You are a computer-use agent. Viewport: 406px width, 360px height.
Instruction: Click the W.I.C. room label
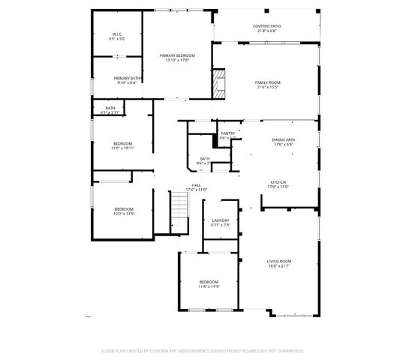117,34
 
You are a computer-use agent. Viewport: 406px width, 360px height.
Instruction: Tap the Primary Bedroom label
177,55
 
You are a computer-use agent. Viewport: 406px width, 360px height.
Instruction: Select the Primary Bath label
127,78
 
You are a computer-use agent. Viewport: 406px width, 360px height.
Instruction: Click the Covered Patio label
267,26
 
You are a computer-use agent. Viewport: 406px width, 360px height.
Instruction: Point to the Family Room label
267,82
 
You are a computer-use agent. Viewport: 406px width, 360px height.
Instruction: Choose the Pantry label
228,133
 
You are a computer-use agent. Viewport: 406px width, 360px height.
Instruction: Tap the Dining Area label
283,140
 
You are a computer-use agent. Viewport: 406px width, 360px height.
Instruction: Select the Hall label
196,184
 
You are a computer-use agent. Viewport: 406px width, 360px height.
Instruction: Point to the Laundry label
220,220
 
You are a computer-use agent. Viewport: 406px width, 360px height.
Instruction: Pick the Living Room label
278,261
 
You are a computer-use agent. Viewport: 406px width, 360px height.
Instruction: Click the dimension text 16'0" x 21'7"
278,266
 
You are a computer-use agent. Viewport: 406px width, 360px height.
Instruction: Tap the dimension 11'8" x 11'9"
209,286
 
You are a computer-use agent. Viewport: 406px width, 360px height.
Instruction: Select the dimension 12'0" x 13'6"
124,214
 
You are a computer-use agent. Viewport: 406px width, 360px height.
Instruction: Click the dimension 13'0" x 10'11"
123,148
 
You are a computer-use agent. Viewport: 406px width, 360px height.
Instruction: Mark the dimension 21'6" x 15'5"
267,87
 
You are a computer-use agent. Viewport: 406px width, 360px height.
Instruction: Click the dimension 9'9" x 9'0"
117,39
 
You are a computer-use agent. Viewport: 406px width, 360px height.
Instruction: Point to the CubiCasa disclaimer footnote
203,350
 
